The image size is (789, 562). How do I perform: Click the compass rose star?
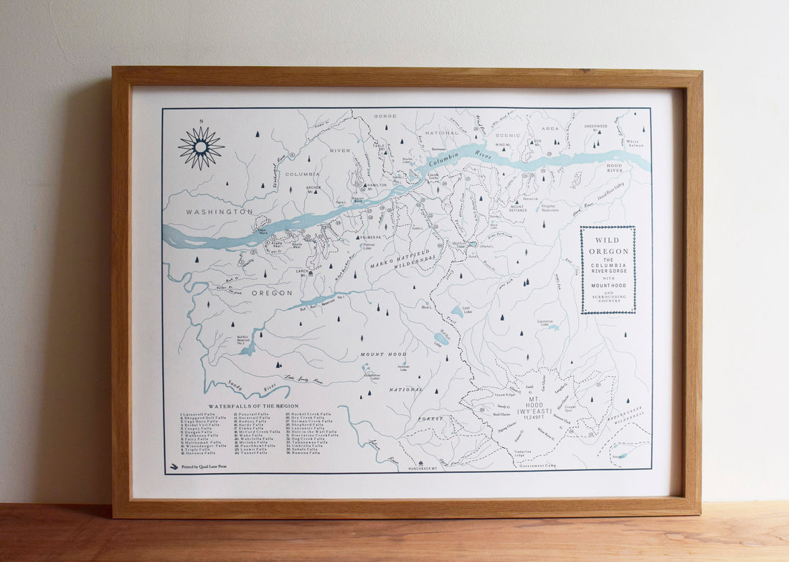[x=201, y=147]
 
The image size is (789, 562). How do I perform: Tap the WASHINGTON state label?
[x=219, y=212]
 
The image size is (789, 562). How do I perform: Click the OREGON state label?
[x=272, y=293]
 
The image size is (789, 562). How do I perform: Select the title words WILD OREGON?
[x=608, y=245]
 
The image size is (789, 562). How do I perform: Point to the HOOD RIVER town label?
[x=615, y=169]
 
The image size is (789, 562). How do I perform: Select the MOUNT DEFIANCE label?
[x=518, y=207]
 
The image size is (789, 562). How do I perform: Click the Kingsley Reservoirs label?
[x=550, y=207]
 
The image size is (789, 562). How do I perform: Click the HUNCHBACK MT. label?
[x=427, y=468]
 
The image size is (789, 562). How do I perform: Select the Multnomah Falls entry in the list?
[x=199, y=441]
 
